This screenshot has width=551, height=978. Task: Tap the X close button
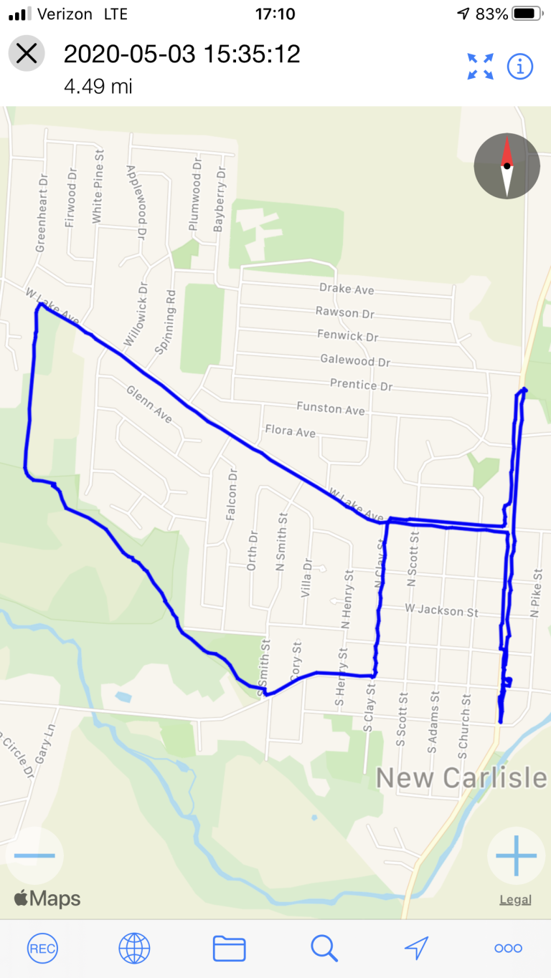[x=27, y=54]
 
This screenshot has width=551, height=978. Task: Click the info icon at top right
[x=520, y=67]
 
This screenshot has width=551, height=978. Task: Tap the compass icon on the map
[x=507, y=166]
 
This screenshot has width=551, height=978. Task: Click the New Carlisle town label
[x=461, y=778]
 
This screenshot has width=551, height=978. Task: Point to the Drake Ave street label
[x=347, y=289]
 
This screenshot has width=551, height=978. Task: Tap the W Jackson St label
[x=441, y=611]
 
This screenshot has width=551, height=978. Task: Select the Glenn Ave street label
[x=149, y=404]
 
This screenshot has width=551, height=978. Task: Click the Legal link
[x=515, y=900]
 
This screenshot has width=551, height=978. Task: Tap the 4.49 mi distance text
[x=98, y=87]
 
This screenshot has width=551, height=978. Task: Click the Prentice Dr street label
[x=362, y=385]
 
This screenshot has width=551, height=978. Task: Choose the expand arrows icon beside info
[x=481, y=67]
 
